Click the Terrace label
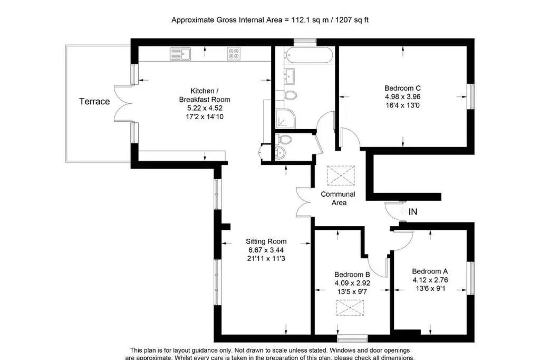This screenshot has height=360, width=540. pyautogui.click(x=94, y=102)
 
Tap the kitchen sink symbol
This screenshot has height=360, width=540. pyautogui.click(x=180, y=54)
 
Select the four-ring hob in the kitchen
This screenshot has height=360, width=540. pyautogui.click(x=234, y=54)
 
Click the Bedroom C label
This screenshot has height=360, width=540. pyautogui.click(x=402, y=88)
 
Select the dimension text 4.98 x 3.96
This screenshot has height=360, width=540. pyautogui.click(x=402, y=96)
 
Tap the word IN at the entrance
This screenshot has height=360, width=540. pyautogui.click(x=412, y=212)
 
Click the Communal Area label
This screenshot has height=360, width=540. pyautogui.click(x=338, y=198)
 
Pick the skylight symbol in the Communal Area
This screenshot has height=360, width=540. pyautogui.click(x=341, y=176)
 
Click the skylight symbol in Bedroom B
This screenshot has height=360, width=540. pyautogui.click(x=350, y=308)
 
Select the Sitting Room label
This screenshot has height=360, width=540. pyautogui.click(x=266, y=241)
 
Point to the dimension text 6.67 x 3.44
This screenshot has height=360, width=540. pyautogui.click(x=266, y=250)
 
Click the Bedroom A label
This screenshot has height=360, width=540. pyautogui.click(x=430, y=271)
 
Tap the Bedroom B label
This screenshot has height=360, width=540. pyautogui.click(x=352, y=275)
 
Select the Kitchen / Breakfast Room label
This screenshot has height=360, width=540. pyautogui.click(x=205, y=95)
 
